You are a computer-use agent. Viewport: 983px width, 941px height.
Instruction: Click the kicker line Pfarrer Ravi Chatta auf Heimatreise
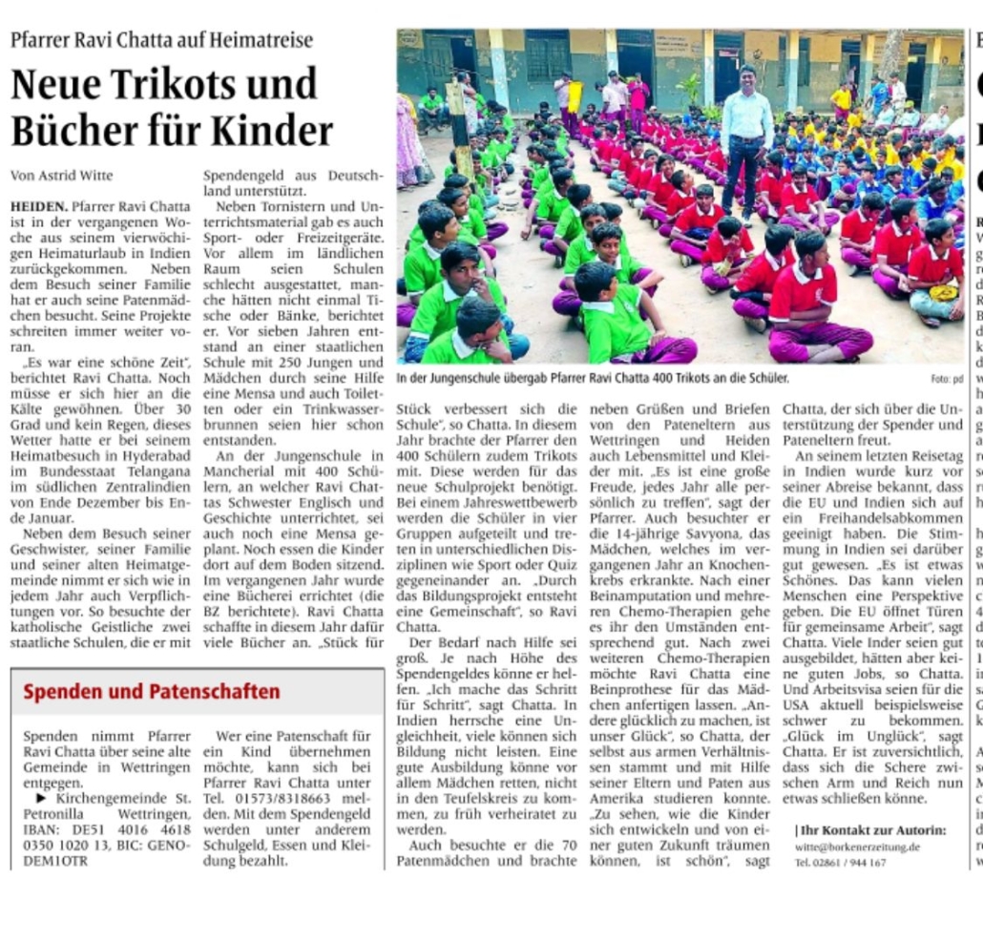tap(161, 40)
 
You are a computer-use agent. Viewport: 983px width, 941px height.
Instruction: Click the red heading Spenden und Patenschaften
tap(152, 691)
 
